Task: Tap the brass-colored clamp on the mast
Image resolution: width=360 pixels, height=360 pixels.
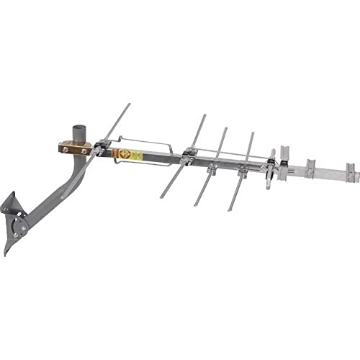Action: pos(76,147)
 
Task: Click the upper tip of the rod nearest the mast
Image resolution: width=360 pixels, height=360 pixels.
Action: pos(128,103)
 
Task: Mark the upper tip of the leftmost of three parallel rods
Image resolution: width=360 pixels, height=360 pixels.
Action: pos(205,115)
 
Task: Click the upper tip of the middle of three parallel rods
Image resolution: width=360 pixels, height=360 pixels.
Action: pos(227,127)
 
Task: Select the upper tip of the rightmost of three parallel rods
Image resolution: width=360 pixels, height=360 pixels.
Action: pos(253,133)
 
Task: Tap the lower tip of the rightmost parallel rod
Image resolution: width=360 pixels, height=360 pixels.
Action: pos(230,210)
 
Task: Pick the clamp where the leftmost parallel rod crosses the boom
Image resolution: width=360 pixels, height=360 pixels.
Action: pos(189,154)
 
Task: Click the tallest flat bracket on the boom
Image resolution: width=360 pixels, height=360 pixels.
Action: pos(284,161)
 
